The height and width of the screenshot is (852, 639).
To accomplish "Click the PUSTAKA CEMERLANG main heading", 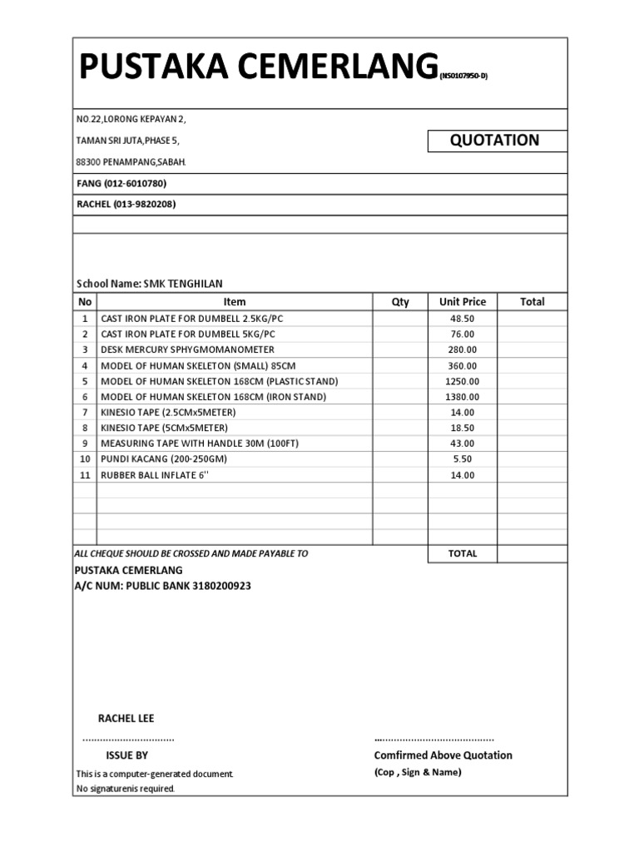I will pos(258,66).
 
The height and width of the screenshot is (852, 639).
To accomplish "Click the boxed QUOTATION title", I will pos(494,141).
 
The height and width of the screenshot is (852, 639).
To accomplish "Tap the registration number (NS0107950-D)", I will pos(463,77).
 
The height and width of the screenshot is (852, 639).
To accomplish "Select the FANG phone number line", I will pos(126,184).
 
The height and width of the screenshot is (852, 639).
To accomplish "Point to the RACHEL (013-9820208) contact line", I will pos(126,204).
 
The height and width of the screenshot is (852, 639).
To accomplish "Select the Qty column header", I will pos(400,302).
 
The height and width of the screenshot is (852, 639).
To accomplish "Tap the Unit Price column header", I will pos(462,302).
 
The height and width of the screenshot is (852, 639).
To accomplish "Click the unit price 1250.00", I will pos(462,381).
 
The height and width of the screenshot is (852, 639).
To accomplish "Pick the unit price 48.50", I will pos(462,319).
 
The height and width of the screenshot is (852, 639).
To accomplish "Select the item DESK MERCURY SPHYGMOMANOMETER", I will pos(187,349).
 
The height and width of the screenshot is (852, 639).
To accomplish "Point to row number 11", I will pos(84,475).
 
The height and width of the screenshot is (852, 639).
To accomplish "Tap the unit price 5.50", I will pos(462,459).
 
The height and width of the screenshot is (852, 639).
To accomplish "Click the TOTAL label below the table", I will pos(463,554).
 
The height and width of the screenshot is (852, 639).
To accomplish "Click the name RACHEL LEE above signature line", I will pos(126,719).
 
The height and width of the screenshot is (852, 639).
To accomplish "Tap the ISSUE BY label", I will pos(126,755).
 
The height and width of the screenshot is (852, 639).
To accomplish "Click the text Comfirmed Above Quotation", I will pos(443,755).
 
